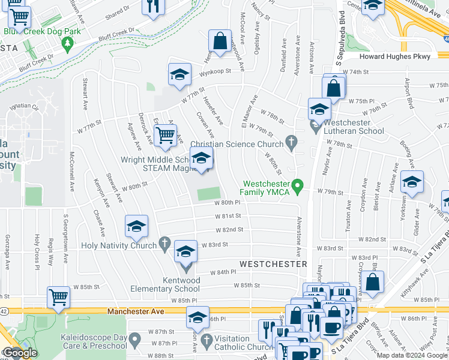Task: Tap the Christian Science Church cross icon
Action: (x=292, y=143)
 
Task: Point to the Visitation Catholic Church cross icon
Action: (x=207, y=341)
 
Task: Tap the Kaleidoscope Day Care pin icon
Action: (x=135, y=341)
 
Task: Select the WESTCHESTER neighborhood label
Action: (x=273, y=263)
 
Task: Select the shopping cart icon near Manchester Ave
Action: (x=58, y=297)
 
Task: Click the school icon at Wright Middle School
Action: (x=201, y=159)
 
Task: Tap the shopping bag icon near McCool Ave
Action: (x=220, y=41)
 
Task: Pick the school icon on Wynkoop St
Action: (x=178, y=74)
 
